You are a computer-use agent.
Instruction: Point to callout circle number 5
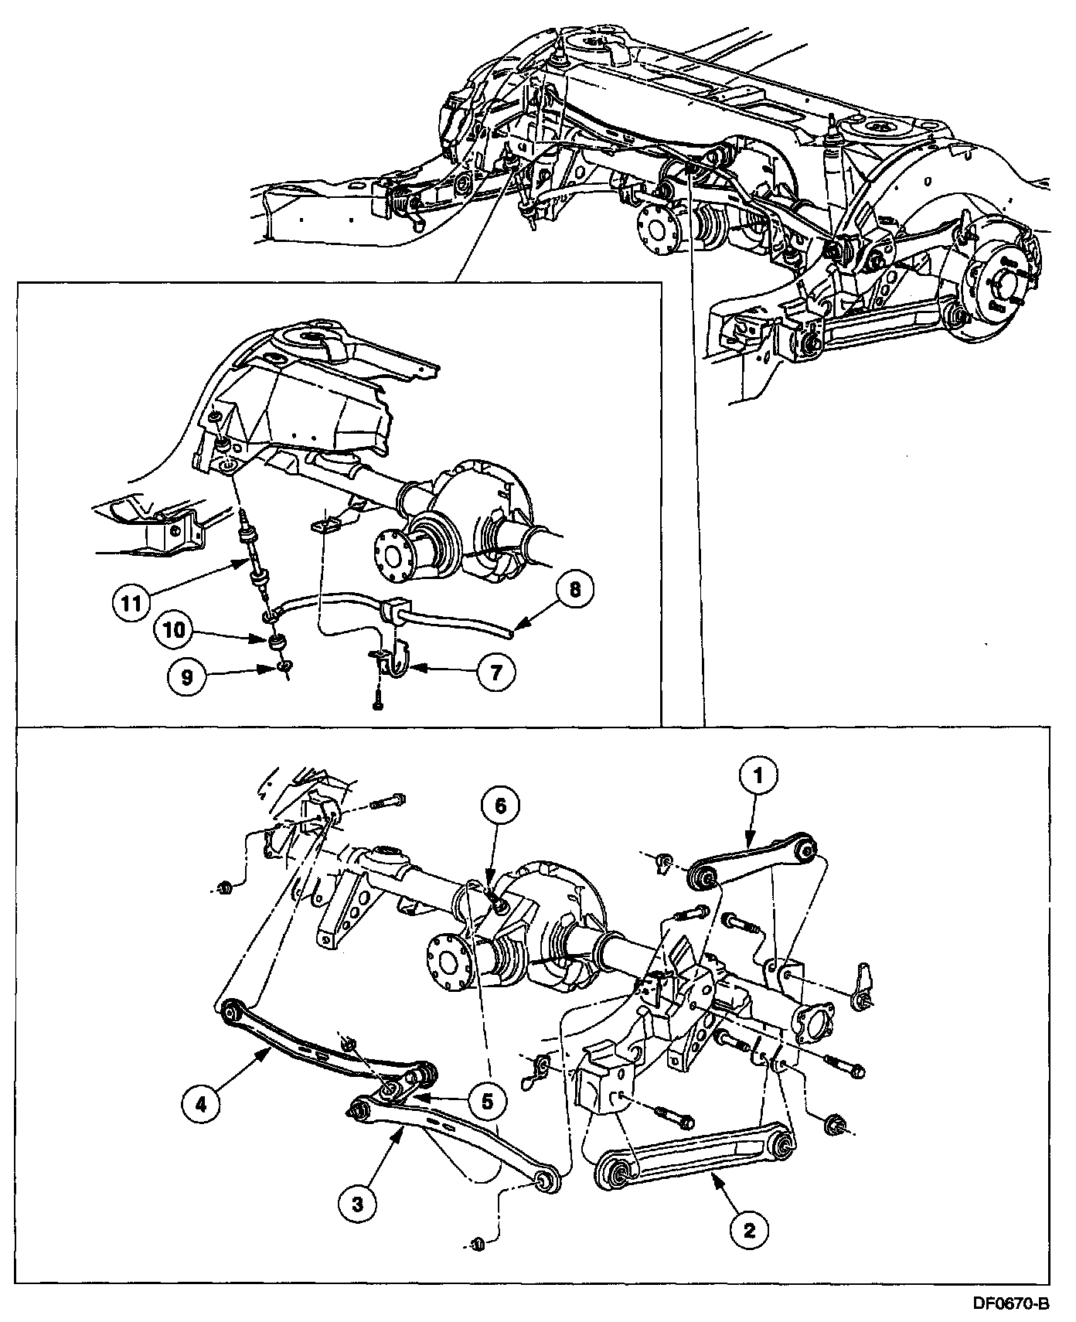click(486, 1100)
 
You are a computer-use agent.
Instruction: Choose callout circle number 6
click(500, 806)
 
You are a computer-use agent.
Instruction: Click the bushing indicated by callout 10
click(276, 642)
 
